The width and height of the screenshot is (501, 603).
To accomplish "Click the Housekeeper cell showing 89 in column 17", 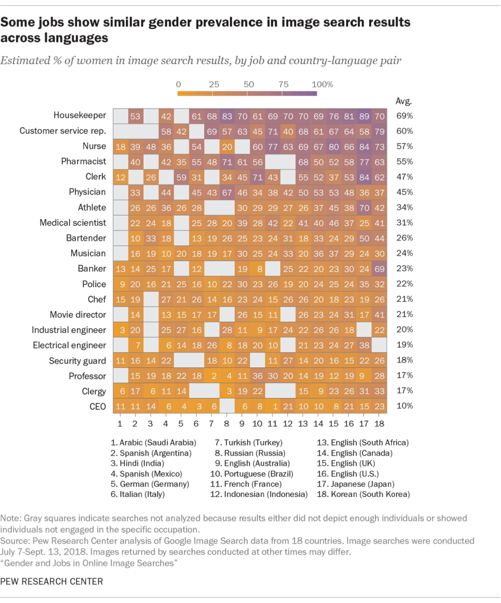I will (x=364, y=116).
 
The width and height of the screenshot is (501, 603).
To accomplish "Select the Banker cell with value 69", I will (x=380, y=269).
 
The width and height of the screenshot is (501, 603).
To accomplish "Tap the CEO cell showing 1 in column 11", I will (x=273, y=406).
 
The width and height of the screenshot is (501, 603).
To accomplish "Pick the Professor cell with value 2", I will (x=212, y=376).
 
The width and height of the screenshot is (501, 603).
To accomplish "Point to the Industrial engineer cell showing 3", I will (x=120, y=330).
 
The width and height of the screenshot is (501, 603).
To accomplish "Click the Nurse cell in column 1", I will (x=120, y=146).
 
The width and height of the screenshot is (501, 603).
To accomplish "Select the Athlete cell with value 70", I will (x=364, y=207).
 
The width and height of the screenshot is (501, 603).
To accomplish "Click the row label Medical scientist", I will (x=73, y=223).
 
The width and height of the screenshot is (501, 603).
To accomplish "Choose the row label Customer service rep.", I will (x=63, y=131).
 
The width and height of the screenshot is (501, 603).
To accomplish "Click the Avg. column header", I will (x=403, y=100).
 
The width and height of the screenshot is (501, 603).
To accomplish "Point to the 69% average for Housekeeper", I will (x=403, y=116).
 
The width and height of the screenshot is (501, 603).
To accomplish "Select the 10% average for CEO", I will (x=403, y=406).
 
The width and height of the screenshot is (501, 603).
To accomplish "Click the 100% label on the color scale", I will (x=323, y=84).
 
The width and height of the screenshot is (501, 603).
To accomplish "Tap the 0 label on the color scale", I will (x=178, y=84).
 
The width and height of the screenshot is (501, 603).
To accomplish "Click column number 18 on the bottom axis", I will (x=380, y=423).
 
